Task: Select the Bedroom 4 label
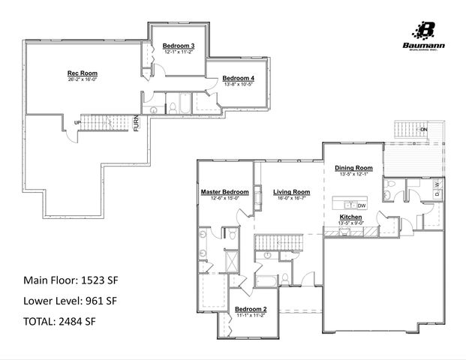[x=238, y=79]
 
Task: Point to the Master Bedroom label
[x=224, y=192]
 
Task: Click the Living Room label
[x=291, y=192]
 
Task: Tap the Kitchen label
[x=351, y=217]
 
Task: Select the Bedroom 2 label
[x=251, y=310]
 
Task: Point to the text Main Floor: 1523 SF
[x=71, y=280]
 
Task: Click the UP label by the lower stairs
[x=77, y=123]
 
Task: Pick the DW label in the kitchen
[x=362, y=205]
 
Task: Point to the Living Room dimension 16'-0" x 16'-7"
[x=291, y=198]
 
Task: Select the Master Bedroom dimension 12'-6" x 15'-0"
[x=224, y=198]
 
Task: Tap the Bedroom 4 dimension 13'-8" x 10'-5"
[x=238, y=85]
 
